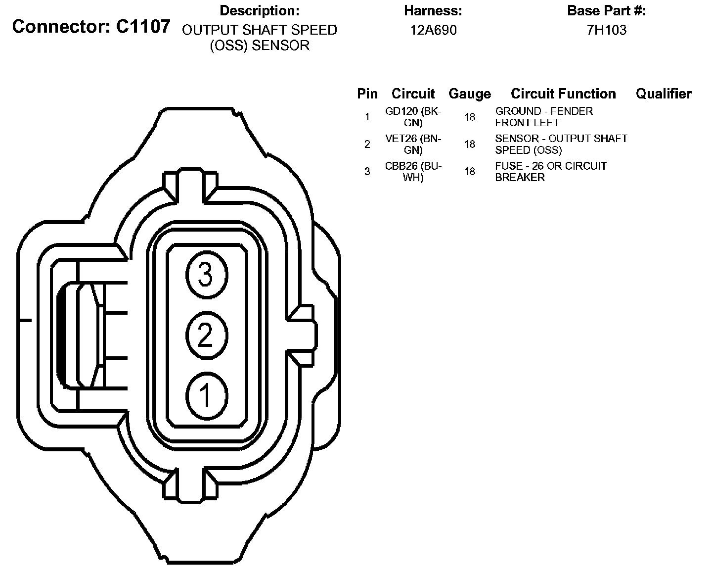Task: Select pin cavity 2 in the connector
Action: [206, 336]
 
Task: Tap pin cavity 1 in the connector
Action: [206, 396]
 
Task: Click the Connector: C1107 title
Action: [91, 27]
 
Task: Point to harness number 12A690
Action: [433, 30]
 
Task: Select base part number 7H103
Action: [606, 30]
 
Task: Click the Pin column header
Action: [367, 94]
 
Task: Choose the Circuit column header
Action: [413, 94]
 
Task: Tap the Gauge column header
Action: [470, 94]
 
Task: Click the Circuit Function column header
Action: [563, 94]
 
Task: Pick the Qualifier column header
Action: [664, 94]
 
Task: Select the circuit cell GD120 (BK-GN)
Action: [413, 117]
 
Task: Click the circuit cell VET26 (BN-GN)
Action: [413, 144]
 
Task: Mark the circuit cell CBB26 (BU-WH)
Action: [413, 171]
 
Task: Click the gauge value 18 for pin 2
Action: [470, 144]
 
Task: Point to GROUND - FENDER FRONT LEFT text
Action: [544, 117]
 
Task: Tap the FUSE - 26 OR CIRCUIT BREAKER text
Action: [551, 171]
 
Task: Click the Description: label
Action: [260, 10]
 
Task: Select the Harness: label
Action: [433, 10]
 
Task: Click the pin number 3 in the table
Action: [367, 172]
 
